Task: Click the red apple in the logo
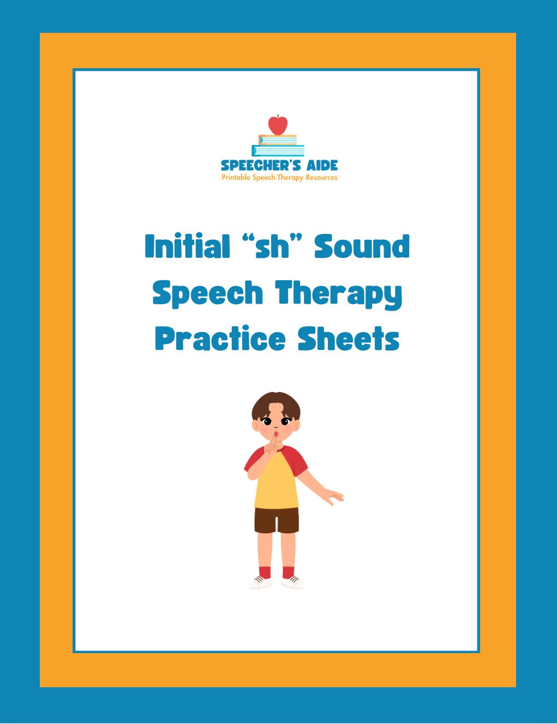tap(278, 125)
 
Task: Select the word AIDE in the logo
tap(322, 165)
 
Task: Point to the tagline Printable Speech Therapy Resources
tap(279, 178)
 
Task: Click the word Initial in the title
tap(187, 246)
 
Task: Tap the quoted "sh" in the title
tap(272, 246)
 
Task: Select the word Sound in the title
tap(362, 246)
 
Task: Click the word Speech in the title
tap(208, 293)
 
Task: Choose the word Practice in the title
tap(220, 339)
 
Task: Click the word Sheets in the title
tap(349, 339)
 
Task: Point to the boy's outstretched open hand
tap(332, 497)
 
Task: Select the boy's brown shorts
tap(277, 520)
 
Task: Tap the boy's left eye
tap(285, 421)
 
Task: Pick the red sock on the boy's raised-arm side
tap(265, 572)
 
